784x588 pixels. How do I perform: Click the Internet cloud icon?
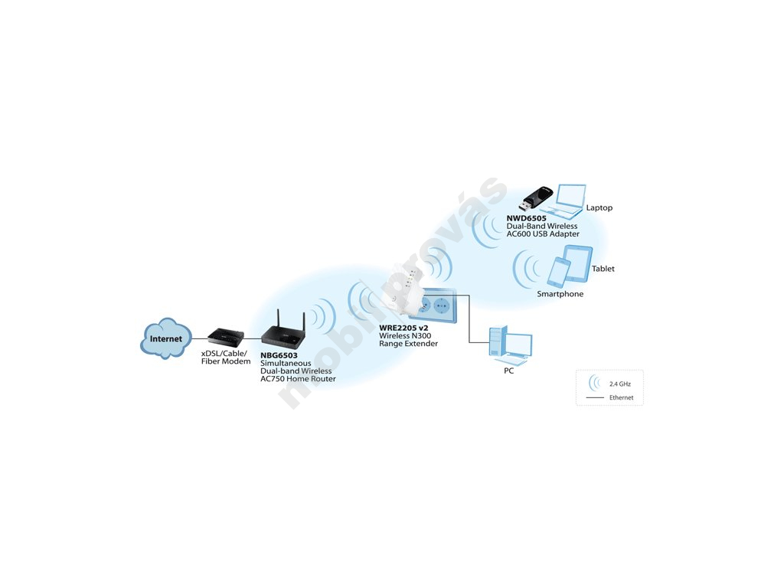pyautogui.click(x=165, y=338)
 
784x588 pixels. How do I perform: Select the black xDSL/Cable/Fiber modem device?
pyautogui.click(x=226, y=337)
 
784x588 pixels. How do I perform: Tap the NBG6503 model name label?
pyautogui.click(x=279, y=355)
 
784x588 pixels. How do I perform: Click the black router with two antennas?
pyautogui.click(x=283, y=330)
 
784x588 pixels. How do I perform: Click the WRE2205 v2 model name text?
pyautogui.click(x=403, y=328)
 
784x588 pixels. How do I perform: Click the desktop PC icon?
pyautogui.click(x=510, y=345)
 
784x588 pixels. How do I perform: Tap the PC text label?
pyautogui.click(x=508, y=371)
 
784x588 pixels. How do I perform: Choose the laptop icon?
pyautogui.click(x=564, y=202)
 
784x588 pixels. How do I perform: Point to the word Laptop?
pyautogui.click(x=599, y=207)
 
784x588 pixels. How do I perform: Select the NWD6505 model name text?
pyautogui.click(x=527, y=218)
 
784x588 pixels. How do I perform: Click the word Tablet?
pyautogui.click(x=603, y=269)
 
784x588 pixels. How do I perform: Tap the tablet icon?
pyautogui.click(x=577, y=263)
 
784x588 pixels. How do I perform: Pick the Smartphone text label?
pyautogui.click(x=560, y=294)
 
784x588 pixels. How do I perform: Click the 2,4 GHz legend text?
pyautogui.click(x=620, y=384)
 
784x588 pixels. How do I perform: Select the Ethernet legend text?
pyautogui.click(x=622, y=397)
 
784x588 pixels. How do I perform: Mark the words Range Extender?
pyautogui.click(x=409, y=344)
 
